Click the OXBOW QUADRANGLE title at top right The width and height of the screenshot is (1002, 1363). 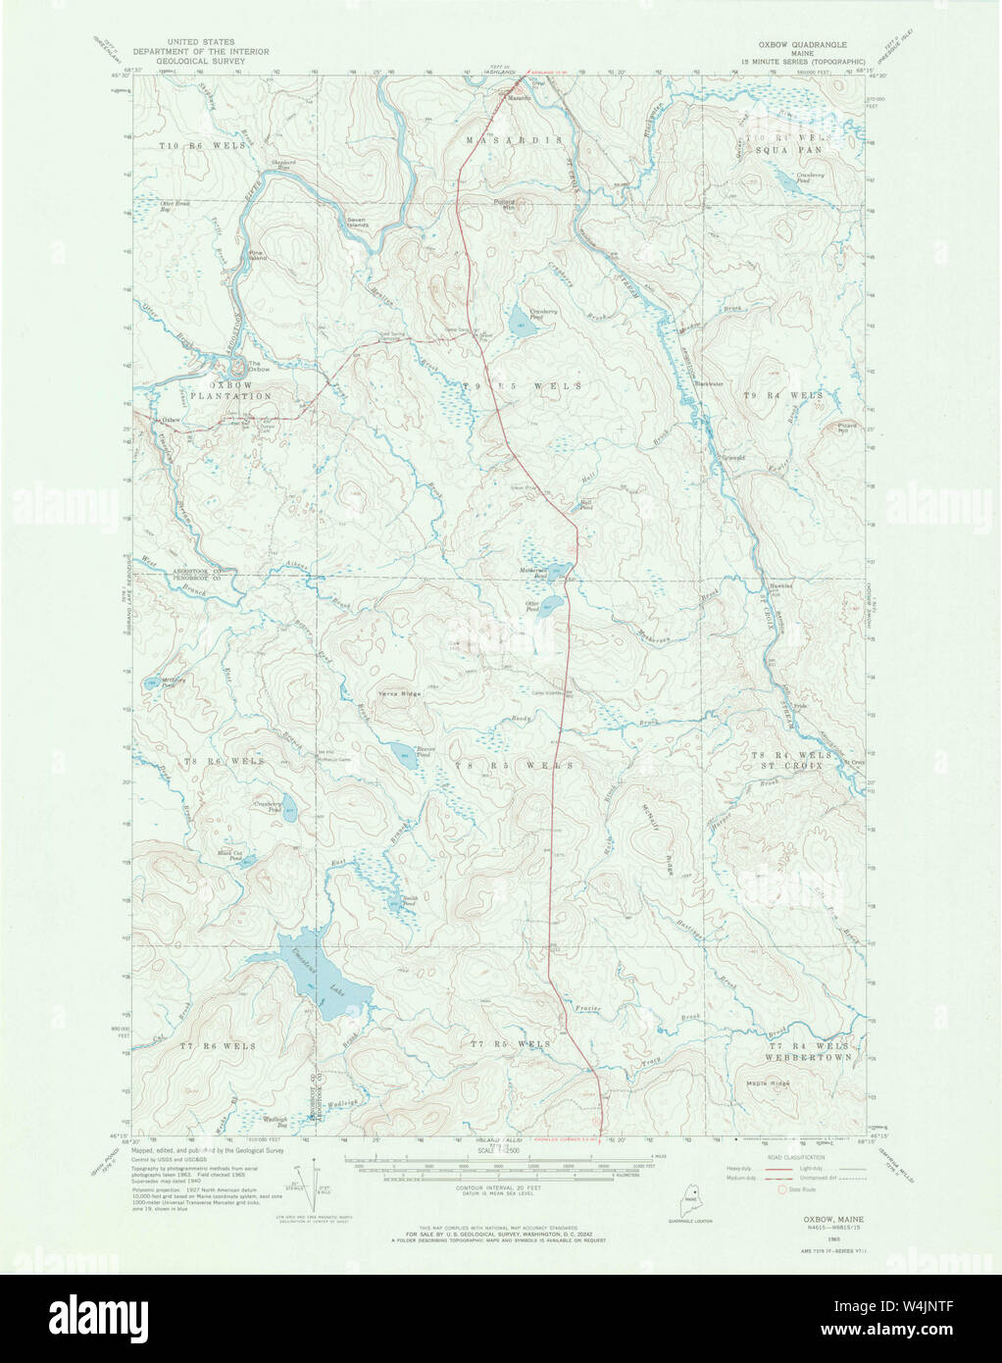800,45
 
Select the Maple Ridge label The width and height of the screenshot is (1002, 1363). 768,1083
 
